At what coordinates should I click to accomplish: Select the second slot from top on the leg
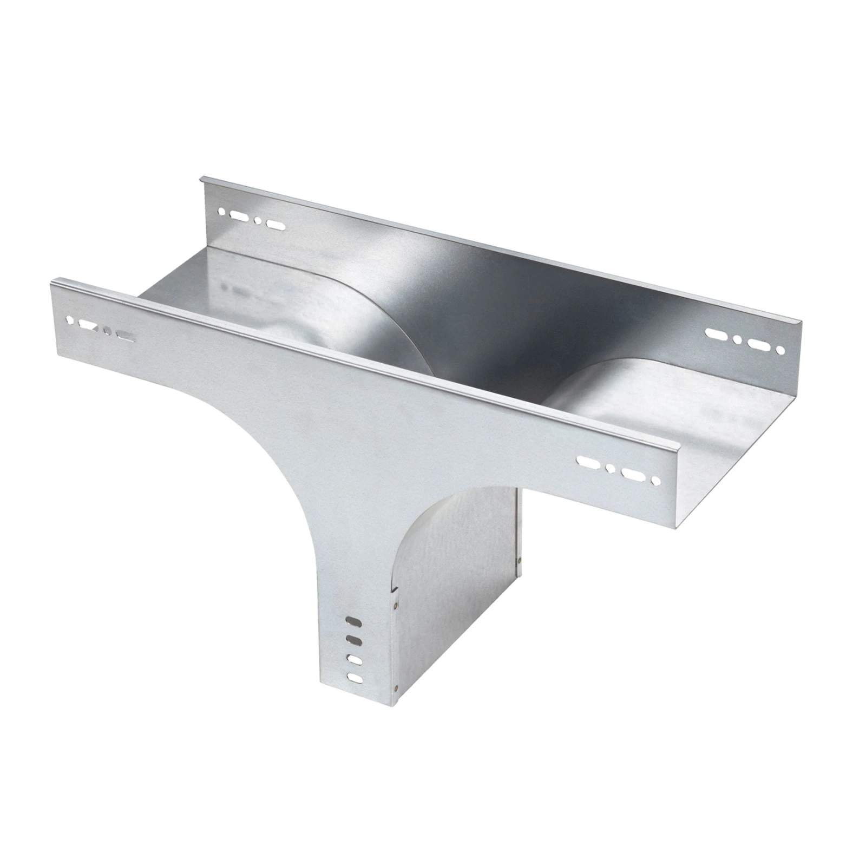pos(353,640)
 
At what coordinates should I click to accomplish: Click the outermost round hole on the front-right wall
pos(656,480)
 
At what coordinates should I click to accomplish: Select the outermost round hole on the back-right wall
pos(780,351)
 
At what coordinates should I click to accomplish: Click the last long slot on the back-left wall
pos(275,225)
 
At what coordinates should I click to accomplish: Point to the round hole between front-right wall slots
pos(611,468)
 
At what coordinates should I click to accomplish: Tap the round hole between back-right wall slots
pos(737,340)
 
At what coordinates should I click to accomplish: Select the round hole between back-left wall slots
pos(258,221)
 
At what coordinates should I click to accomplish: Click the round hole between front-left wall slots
pos(107,331)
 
